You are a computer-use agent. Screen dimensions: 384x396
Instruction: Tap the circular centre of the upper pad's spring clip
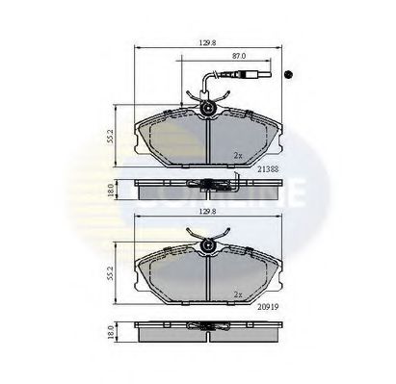pyautogui.click(x=207, y=110)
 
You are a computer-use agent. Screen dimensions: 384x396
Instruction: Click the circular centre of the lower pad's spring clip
pyautogui.click(x=207, y=250)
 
